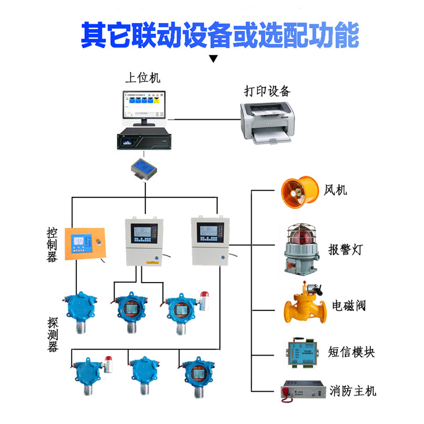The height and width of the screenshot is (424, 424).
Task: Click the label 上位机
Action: click(146, 76)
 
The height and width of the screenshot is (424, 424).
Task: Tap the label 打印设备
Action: click(267, 91)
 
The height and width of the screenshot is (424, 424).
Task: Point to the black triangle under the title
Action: click(213, 58)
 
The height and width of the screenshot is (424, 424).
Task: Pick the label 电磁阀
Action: click(348, 306)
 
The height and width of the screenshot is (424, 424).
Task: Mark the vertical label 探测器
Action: click(53, 335)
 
